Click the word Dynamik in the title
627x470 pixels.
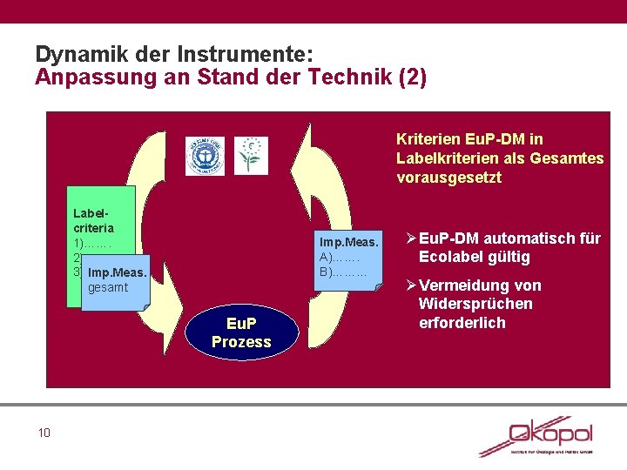coord(74,53)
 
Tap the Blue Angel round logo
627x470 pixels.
coord(205,156)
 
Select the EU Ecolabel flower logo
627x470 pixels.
coord(252,155)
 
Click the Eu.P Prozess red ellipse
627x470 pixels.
coord(241,333)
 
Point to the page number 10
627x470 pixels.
coord(44,433)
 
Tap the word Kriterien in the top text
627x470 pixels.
coord(426,139)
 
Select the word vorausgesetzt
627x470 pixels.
coord(448,178)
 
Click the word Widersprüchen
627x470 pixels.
coord(475,304)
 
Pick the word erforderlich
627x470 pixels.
coord(462,323)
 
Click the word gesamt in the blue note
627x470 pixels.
coord(109,287)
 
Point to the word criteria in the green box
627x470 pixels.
coord(93,228)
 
